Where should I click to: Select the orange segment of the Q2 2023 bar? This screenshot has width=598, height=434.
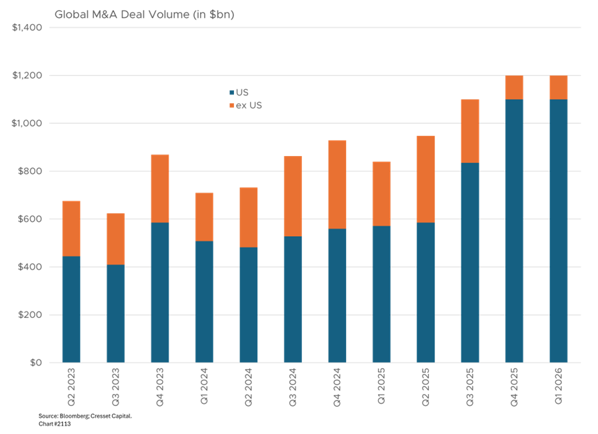pyautogui.click(x=71, y=228)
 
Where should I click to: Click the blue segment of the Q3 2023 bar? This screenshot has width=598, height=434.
pyautogui.click(x=115, y=313)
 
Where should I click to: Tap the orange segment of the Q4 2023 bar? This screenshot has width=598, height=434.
pyautogui.click(x=160, y=188)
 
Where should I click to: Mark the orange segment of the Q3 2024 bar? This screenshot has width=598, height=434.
pyautogui.click(x=293, y=196)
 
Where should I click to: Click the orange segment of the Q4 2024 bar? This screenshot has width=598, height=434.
pyautogui.click(x=337, y=184)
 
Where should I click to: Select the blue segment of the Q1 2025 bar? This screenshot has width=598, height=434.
pyautogui.click(x=381, y=294)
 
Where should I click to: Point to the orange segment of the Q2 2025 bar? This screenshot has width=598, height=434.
pyautogui.click(x=426, y=179)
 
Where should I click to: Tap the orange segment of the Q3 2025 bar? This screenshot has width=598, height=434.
pyautogui.click(x=470, y=131)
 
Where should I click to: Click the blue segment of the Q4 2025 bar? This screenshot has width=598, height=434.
pyautogui.click(x=515, y=231)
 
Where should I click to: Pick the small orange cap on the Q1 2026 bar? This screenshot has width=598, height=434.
pyautogui.click(x=559, y=87)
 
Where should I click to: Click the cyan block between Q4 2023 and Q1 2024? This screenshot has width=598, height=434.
pyautogui.click(x=182, y=244)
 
